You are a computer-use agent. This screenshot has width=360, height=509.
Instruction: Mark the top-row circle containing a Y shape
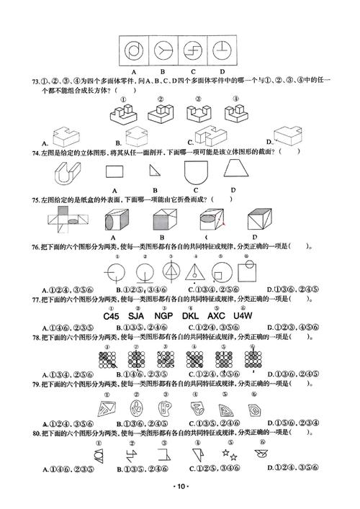point(163,50)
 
